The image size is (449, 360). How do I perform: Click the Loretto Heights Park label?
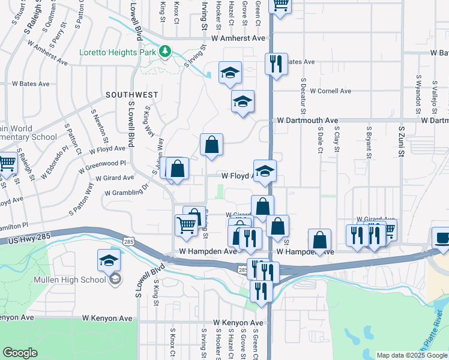pos(118,52)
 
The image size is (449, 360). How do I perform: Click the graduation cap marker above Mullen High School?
pos(109,260)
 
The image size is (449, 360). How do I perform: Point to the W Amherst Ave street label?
pos(235,38)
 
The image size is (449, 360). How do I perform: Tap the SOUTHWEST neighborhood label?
pos(131,95)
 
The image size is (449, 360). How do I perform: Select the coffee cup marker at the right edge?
pos(442,238)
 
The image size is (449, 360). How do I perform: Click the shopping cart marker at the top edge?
pos(280,4)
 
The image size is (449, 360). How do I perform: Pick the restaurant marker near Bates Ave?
pos(276,64)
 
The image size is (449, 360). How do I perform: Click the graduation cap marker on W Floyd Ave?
pos(265,171)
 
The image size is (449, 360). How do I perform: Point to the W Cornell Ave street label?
pos(331,91)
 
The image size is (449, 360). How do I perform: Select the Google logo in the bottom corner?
pos(20,352)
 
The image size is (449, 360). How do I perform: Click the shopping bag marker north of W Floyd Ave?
pos(211,145)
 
